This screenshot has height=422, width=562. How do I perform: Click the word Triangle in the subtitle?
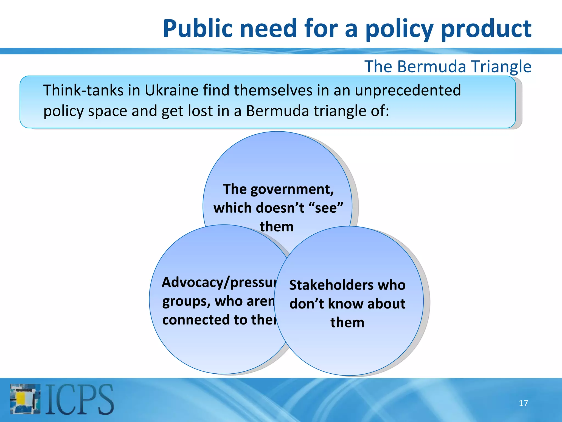click(x=501, y=67)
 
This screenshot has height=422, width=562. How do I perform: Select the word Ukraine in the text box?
click(x=172, y=90)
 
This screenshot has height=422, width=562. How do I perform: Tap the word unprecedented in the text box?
click(x=408, y=90)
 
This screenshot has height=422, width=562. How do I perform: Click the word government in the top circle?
click(x=292, y=190)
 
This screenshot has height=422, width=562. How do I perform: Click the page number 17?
click(x=523, y=403)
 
